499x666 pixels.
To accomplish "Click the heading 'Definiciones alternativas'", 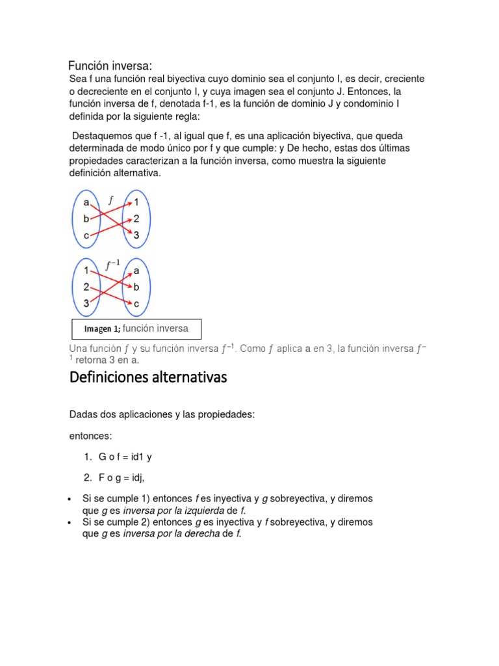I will (148, 377).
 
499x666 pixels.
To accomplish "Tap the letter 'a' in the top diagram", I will (86, 202).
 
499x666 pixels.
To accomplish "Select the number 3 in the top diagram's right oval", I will (136, 235).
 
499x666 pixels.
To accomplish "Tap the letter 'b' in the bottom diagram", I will (136, 286).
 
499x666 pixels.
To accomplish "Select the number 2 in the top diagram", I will (136, 219).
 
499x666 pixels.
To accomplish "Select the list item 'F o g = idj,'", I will (122, 478).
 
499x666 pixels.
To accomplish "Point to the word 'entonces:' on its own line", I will (91, 435).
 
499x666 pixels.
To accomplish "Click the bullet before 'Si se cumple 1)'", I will (70, 499).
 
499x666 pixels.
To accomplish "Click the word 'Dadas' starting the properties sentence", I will (82, 414).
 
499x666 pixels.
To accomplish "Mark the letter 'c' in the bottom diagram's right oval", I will (136, 303).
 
